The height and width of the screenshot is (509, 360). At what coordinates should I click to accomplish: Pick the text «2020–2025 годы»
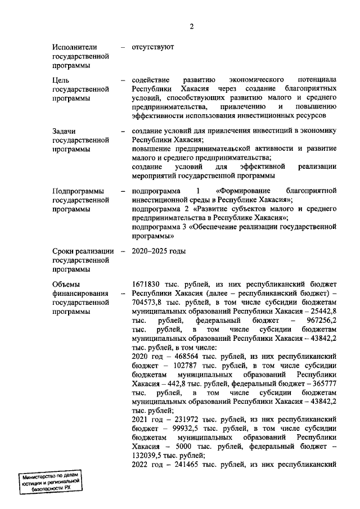click(159, 250)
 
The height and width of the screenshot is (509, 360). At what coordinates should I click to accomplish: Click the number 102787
click(174, 365)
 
